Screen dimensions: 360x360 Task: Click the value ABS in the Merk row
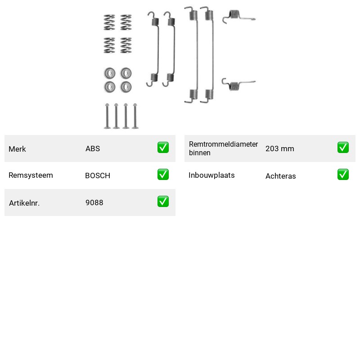[93, 148]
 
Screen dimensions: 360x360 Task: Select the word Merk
[17, 149]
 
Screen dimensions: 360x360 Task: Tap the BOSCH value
[98, 175]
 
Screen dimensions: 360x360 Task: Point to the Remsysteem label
[31, 175]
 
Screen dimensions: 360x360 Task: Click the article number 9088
[94, 202]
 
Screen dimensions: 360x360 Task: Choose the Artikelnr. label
[24, 203]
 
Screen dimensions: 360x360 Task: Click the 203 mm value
[279, 148]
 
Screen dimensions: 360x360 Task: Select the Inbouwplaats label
[211, 175]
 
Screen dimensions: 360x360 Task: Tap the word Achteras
[280, 176]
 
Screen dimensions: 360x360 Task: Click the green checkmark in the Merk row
[163, 148]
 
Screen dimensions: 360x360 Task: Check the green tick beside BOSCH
[163, 175]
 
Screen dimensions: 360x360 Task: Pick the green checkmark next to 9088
[163, 201]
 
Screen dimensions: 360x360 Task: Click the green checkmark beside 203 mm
[343, 148]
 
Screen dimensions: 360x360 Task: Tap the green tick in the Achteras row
[343, 175]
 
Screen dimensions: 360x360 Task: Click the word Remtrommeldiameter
[223, 144]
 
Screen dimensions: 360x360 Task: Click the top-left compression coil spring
[109, 22]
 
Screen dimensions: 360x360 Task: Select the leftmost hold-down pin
[107, 116]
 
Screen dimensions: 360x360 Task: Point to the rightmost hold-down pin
[135, 116]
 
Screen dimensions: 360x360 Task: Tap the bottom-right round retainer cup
[126, 87]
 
